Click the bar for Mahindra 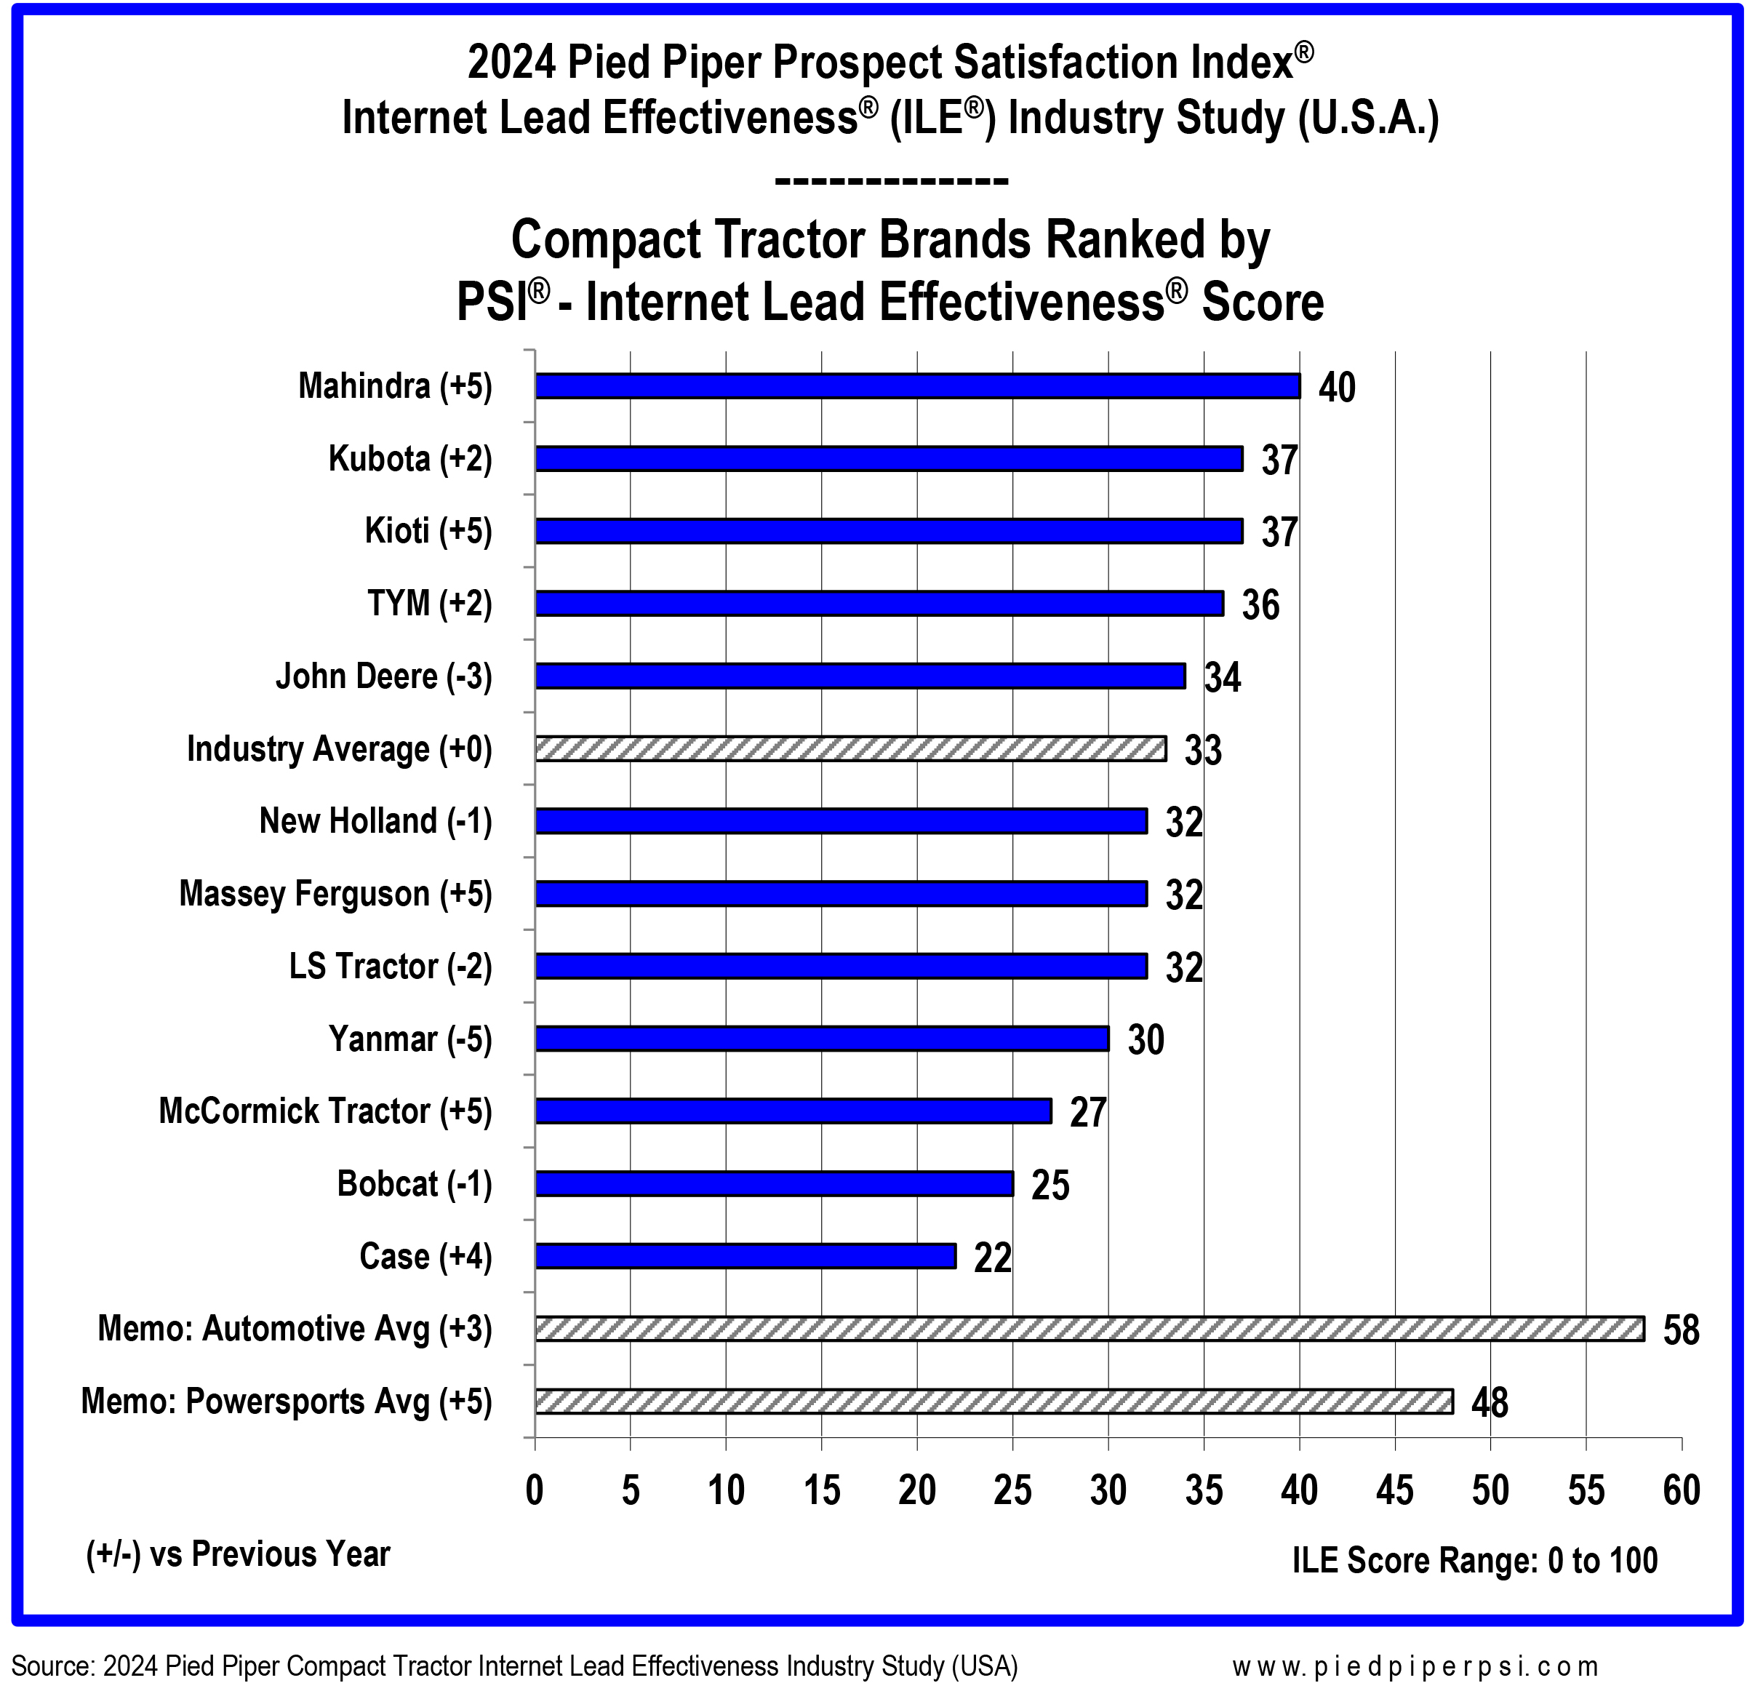click(x=917, y=386)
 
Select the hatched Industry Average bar click(x=850, y=749)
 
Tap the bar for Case click(x=745, y=1256)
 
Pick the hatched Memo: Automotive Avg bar click(x=1090, y=1328)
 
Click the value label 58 click(x=1681, y=1330)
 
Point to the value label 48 click(x=1490, y=1403)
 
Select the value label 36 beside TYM click(x=1260, y=605)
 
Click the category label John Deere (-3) click(x=383, y=676)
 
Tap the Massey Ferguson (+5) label click(x=335, y=894)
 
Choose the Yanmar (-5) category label click(x=410, y=1039)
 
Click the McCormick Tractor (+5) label click(x=325, y=1111)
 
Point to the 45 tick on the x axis click(x=1395, y=1490)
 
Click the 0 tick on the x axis click(x=535, y=1490)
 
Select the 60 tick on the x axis click(x=1681, y=1490)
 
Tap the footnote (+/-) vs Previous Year click(x=238, y=1554)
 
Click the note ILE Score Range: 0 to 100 click(x=1474, y=1560)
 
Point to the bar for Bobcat click(x=774, y=1184)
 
